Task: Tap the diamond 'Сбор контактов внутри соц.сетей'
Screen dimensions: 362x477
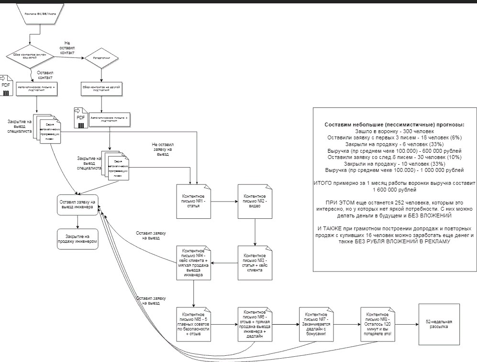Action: coord(30,57)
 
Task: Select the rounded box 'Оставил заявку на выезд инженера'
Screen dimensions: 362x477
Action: coord(78,205)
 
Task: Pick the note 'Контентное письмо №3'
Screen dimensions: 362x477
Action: coord(255,262)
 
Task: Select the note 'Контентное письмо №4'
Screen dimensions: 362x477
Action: coord(193,262)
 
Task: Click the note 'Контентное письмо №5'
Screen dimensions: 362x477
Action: coord(193,324)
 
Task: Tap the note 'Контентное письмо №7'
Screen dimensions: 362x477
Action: coord(316,324)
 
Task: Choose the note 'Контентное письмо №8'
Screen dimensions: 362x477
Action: coord(378,324)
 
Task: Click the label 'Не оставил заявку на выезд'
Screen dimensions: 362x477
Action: coord(163,148)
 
